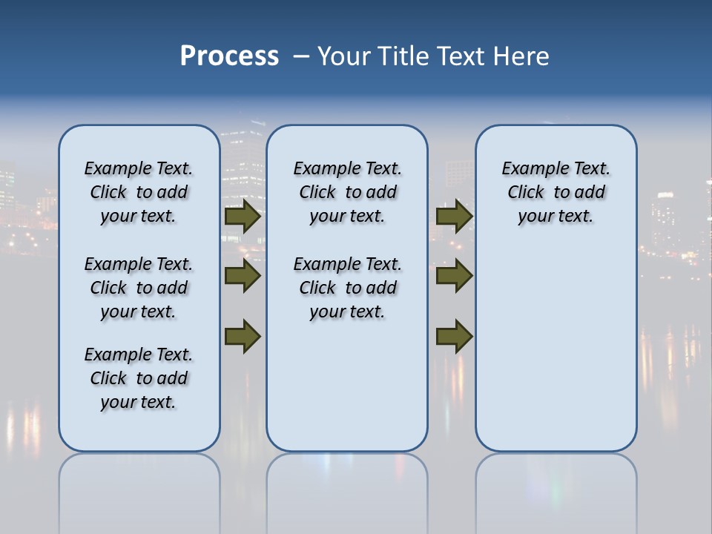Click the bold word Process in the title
pos(229,56)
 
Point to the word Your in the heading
pos(346,56)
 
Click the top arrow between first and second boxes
pos(243,217)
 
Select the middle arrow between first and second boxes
pos(243,277)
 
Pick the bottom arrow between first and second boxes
pos(243,336)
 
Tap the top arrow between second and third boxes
pos(455,217)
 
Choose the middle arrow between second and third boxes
pos(455,277)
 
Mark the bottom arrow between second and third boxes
pos(455,336)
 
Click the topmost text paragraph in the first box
pos(139,192)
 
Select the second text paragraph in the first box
pos(139,288)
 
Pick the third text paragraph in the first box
pos(139,378)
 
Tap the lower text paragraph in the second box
pos(347,288)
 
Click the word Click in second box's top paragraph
pos(317,193)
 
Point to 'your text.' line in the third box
pos(556,217)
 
